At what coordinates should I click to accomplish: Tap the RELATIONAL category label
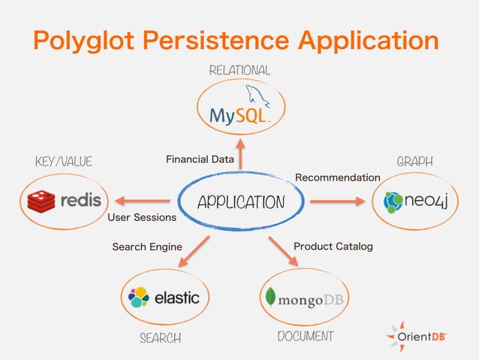239,70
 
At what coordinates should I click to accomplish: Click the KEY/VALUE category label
63,162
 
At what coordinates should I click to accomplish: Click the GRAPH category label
415,162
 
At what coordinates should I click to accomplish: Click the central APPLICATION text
240,202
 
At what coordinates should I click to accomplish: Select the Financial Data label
200,159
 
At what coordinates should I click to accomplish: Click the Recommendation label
338,177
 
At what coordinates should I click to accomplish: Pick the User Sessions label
142,218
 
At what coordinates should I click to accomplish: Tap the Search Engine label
147,247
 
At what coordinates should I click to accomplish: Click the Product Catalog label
333,246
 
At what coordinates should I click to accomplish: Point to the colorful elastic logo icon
139,298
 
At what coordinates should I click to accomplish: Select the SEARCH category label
160,338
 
